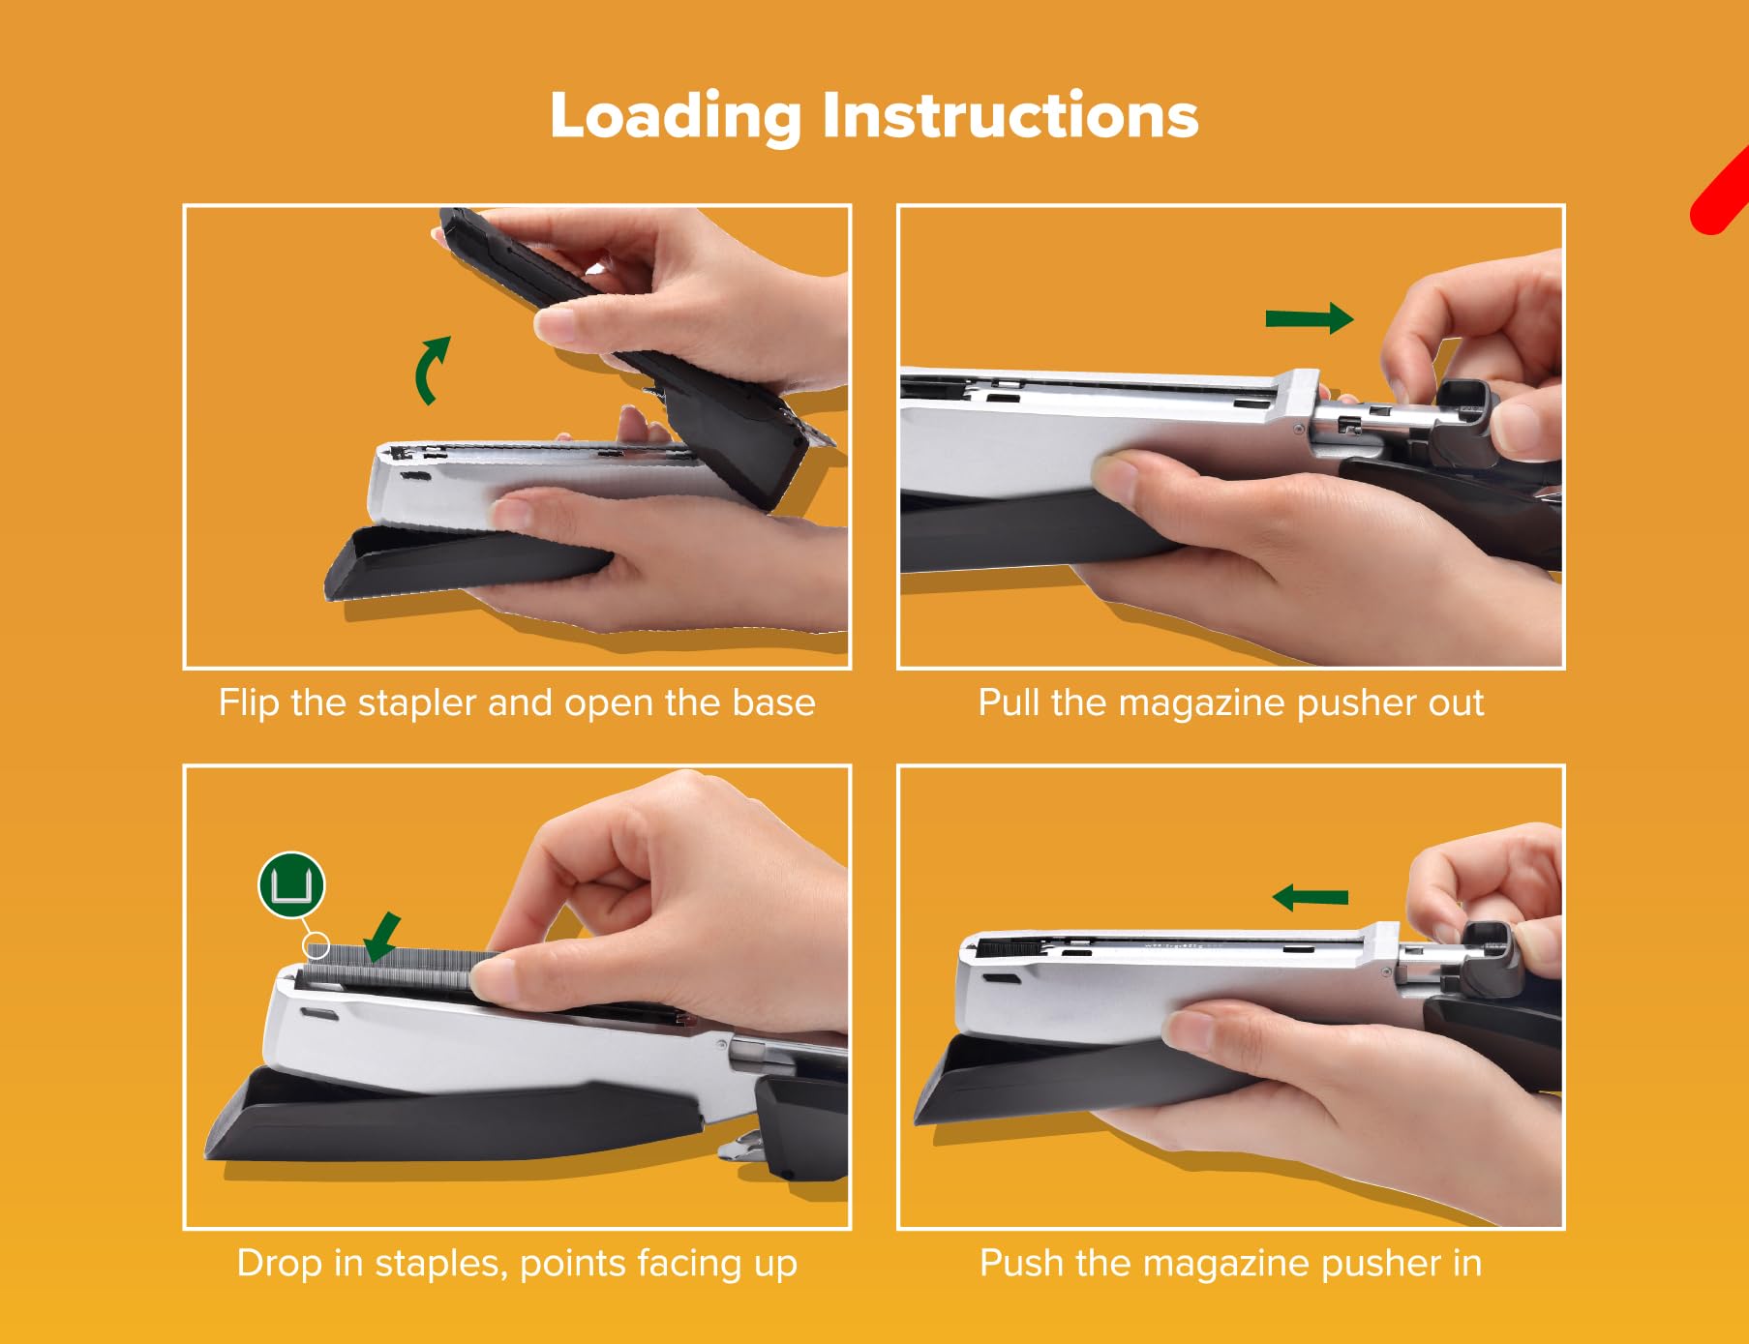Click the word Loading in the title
676,117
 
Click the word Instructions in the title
1010,115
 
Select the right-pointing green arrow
1310,318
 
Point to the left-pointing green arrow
1311,898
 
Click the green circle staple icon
291,885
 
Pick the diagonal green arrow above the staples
381,937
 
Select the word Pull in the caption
1010,702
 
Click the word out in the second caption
1456,703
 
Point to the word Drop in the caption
279,1264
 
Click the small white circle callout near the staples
316,945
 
